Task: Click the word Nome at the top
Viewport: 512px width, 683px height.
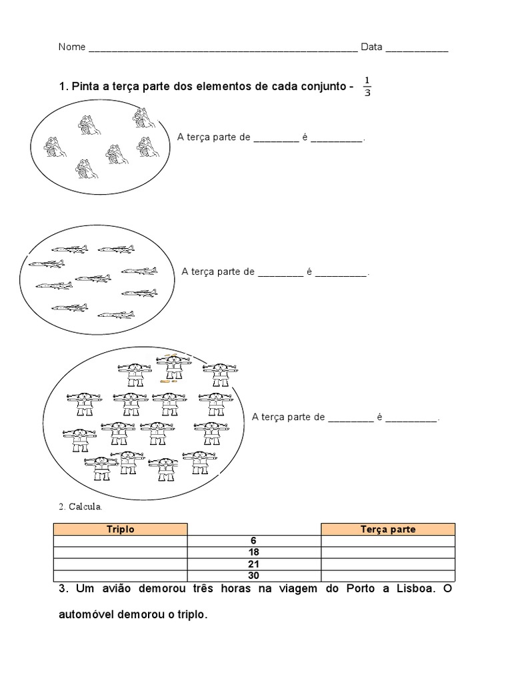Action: pos(72,47)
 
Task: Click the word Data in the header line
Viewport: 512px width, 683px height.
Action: pos(371,47)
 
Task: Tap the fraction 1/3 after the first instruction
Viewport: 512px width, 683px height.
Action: pos(367,87)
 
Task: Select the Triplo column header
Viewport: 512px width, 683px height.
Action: pos(121,529)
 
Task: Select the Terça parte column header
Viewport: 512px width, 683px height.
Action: pos(388,529)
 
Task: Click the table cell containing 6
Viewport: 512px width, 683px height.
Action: pos(254,541)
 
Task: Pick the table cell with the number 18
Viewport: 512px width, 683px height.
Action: pos(254,552)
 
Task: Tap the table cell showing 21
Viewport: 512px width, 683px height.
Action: pos(254,564)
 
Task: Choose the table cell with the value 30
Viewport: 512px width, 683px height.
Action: pos(254,576)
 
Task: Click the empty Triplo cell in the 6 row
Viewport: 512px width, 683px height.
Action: pos(121,541)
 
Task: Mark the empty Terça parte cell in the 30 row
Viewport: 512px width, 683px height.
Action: pos(388,576)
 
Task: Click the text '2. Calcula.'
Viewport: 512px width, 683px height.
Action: pos(81,507)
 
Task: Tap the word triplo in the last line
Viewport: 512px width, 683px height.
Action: pos(193,616)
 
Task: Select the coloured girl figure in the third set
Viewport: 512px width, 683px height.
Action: pos(173,368)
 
